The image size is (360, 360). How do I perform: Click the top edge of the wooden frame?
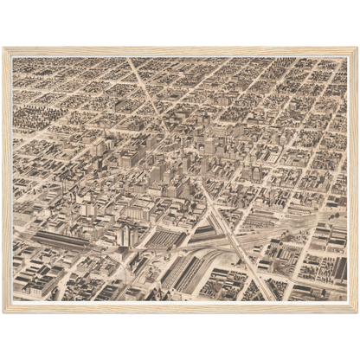(x=180, y=50)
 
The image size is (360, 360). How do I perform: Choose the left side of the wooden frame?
(x=7, y=180)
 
